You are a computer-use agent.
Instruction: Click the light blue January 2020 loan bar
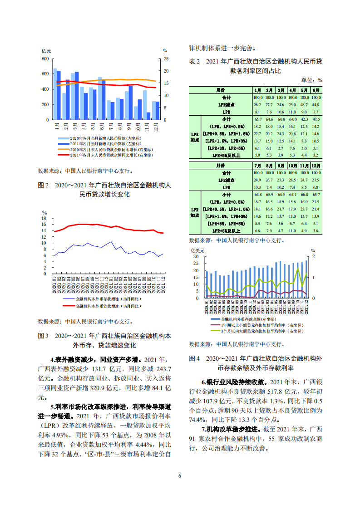(x=55, y=94)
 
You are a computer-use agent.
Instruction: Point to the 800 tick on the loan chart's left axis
(x=45, y=59)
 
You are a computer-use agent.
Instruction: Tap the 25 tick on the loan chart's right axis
(x=166, y=59)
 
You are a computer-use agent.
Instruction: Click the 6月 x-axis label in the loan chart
(x=101, y=126)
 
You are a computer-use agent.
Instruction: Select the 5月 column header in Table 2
(x=305, y=90)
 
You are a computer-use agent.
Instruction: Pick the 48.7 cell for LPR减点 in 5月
(x=305, y=104)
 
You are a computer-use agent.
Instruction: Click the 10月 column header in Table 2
(x=293, y=166)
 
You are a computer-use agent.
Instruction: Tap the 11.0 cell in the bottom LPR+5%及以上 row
(x=293, y=231)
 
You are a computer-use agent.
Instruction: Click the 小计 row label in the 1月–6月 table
(x=227, y=118)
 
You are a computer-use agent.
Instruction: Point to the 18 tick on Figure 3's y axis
(x=44, y=219)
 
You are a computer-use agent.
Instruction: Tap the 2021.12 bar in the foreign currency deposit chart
(x=306, y=279)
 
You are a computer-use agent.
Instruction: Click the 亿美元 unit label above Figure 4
(x=198, y=250)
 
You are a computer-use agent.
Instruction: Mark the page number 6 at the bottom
(x=180, y=476)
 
